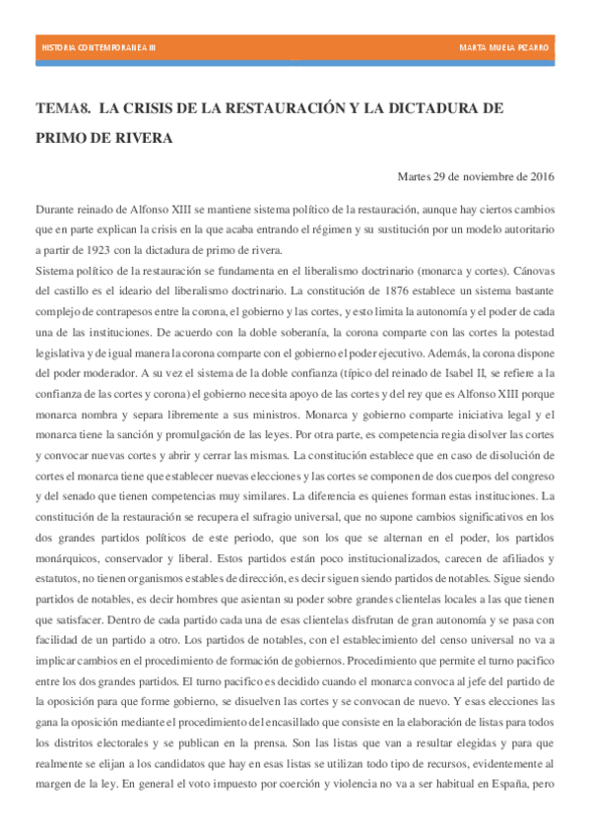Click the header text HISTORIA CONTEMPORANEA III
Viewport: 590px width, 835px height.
[98, 48]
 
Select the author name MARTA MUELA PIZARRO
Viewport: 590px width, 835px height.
[504, 48]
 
